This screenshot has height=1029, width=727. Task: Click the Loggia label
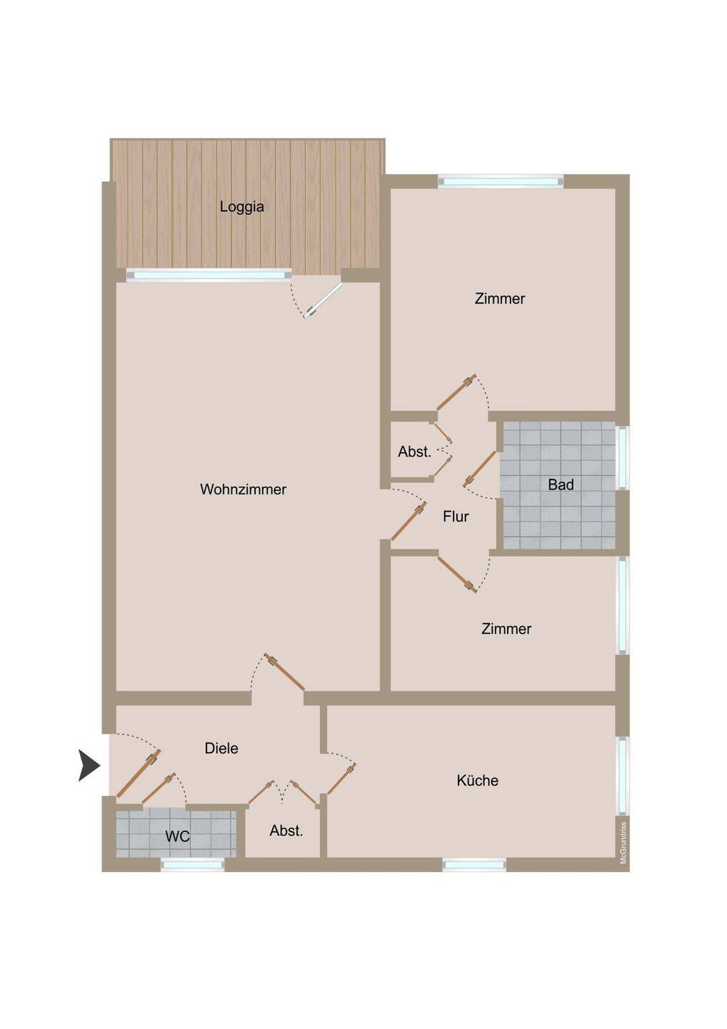[242, 207]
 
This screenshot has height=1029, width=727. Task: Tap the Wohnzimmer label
[244, 489]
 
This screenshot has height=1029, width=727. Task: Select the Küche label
[477, 780]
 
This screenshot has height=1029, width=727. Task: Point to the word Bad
[561, 484]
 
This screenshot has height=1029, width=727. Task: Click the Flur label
[456, 517]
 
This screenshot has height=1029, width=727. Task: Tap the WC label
[178, 836]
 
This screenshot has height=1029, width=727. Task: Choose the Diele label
[221, 748]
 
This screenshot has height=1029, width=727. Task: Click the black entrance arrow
[89, 765]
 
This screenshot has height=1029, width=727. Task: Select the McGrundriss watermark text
[623, 843]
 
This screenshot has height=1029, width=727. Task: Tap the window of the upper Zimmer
[501, 182]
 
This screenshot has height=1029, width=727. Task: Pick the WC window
[193, 865]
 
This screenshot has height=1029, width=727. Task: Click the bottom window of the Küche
[475, 865]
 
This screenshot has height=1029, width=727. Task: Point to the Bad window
[622, 458]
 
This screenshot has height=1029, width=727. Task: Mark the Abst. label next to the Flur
[414, 452]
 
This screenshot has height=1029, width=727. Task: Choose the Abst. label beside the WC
[286, 830]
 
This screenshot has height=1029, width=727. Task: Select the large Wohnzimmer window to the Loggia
[209, 275]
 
